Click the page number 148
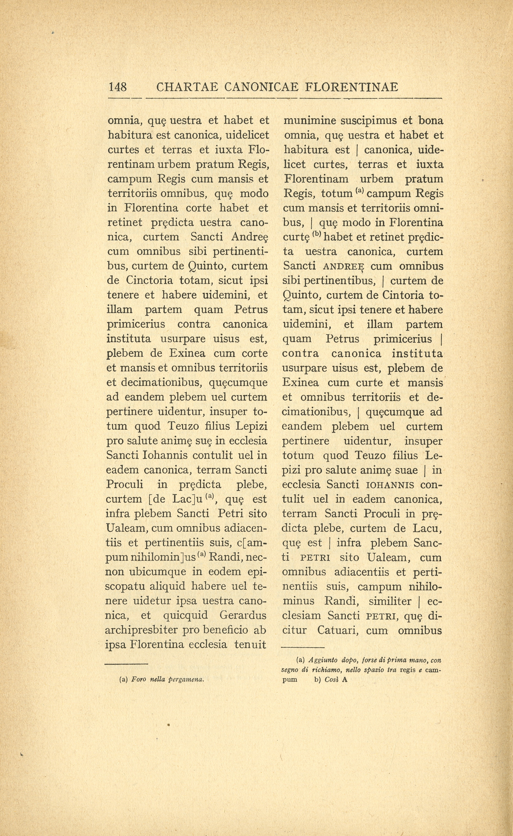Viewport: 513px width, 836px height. (x=117, y=87)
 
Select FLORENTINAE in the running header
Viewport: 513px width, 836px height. (x=351, y=87)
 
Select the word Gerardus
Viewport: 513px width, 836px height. (x=243, y=616)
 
